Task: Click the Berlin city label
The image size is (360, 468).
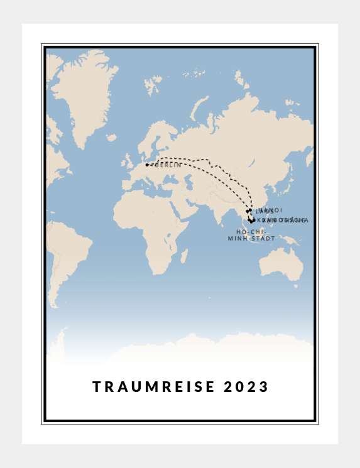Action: click(168, 165)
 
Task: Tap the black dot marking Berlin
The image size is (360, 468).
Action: click(147, 165)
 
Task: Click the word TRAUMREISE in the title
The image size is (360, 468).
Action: click(154, 387)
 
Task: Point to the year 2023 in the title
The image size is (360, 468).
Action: click(246, 387)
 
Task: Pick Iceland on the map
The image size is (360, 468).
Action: click(111, 137)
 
